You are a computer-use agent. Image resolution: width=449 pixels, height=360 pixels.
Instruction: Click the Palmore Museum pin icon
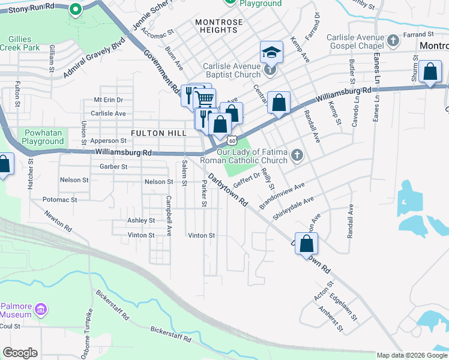tap(41, 309)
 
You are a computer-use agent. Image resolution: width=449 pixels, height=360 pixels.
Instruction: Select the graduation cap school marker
tap(271, 53)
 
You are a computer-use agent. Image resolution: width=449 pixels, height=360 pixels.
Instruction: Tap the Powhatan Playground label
tap(44, 137)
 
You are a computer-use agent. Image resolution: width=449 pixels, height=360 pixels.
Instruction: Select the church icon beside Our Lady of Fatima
tap(296, 157)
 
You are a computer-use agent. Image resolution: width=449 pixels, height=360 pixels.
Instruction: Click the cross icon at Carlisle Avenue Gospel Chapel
tap(393, 41)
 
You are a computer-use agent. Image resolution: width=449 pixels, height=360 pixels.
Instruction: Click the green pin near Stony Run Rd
tap(75, 9)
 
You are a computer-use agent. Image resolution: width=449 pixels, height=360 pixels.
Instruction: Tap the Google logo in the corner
tap(20, 353)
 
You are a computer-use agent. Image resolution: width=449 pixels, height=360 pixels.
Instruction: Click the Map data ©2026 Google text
tap(412, 355)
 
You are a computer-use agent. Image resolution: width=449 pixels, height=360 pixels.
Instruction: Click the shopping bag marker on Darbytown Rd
tap(306, 244)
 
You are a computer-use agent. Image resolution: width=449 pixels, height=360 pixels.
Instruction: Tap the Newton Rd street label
tap(58, 221)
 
